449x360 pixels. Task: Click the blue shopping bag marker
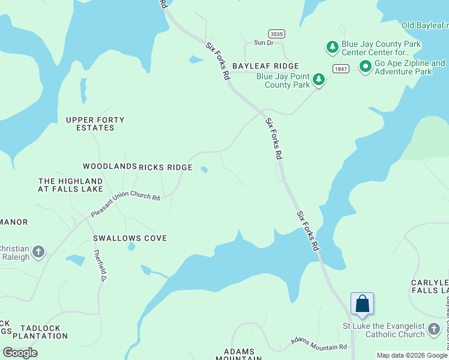click(x=363, y=304)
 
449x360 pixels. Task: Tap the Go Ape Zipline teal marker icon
click(x=364, y=67)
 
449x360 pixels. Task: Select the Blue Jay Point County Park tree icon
click(x=318, y=80)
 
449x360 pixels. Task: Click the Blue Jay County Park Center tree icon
click(x=332, y=47)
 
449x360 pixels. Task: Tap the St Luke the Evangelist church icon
click(x=435, y=329)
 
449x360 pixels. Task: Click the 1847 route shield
click(x=341, y=69)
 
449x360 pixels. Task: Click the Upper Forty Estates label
click(x=95, y=124)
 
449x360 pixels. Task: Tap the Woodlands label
click(x=110, y=166)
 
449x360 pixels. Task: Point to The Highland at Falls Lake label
click(x=70, y=185)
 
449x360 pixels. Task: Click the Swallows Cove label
click(x=130, y=238)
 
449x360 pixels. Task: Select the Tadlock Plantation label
click(x=44, y=332)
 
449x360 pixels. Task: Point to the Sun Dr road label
click(x=264, y=43)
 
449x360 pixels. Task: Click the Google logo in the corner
click(x=20, y=352)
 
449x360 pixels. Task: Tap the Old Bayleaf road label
click(x=424, y=25)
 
